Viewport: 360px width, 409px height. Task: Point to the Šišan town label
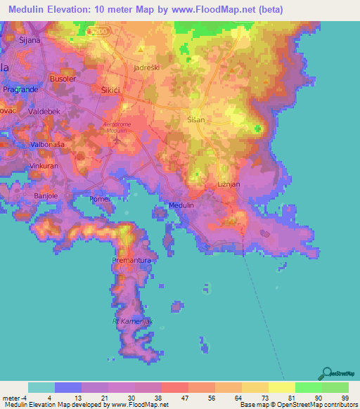tap(196, 120)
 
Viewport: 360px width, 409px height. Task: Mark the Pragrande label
tap(20, 91)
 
